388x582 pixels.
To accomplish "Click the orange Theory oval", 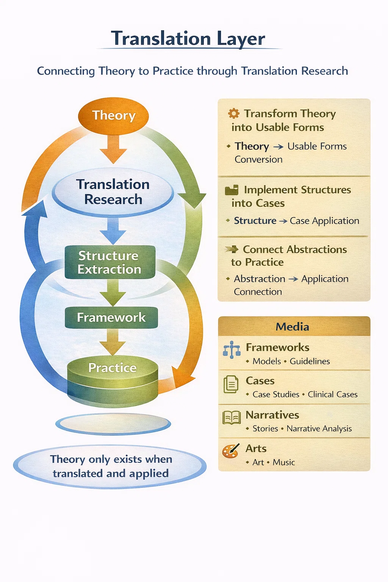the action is [113, 116].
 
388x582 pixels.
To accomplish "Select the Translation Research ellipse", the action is [113, 192].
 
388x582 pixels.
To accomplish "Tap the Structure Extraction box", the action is [110, 262].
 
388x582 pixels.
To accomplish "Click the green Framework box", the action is [111, 317].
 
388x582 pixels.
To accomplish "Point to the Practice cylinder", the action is [113, 379].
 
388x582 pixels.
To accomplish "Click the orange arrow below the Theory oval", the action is [113, 149].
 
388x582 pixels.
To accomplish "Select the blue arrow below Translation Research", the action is [113, 231].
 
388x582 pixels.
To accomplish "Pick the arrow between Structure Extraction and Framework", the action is [113, 293].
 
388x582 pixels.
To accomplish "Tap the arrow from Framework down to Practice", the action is [113, 342].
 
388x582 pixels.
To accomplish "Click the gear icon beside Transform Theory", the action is [233, 113].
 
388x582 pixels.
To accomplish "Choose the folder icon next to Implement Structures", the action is [232, 190].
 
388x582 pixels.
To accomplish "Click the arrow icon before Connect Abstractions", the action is [232, 249].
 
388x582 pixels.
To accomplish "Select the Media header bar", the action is [294, 326].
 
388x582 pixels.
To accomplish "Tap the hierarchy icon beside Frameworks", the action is [232, 350].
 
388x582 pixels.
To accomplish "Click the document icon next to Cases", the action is [231, 384].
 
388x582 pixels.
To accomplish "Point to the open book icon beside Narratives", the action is [232, 418].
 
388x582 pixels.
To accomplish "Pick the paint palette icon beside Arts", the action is [231, 451].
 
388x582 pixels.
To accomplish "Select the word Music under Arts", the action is [284, 463].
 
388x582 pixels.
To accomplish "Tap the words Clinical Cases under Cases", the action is [333, 394].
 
